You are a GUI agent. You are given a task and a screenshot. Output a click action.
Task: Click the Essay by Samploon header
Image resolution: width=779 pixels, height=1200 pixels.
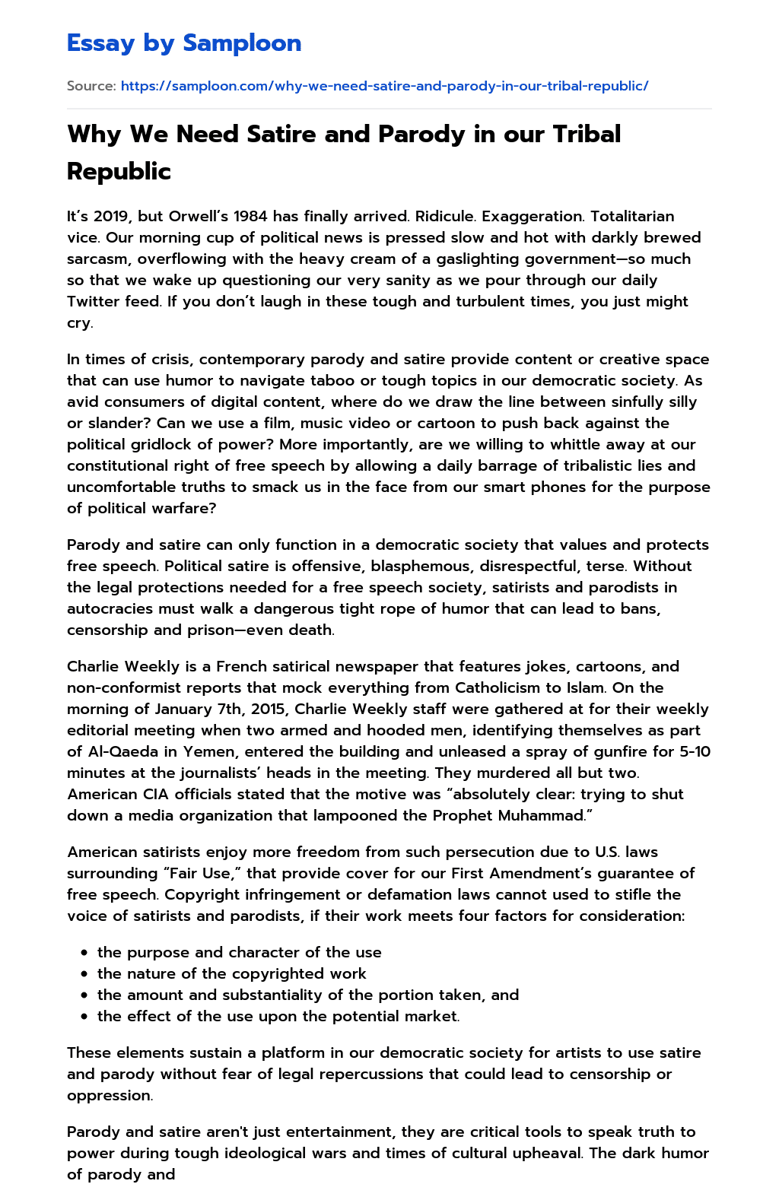click(x=184, y=43)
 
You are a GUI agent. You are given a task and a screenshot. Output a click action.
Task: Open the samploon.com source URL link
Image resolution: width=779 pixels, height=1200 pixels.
click(x=384, y=86)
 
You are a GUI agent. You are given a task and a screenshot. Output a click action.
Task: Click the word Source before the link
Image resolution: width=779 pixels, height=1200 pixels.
click(x=91, y=86)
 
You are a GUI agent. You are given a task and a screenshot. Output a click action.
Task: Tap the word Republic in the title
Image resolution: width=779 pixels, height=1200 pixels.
click(x=119, y=171)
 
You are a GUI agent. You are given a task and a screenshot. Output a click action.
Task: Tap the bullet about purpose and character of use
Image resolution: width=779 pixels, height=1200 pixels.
click(x=239, y=953)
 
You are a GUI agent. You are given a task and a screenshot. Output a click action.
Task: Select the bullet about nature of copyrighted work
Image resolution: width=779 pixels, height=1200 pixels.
click(x=231, y=974)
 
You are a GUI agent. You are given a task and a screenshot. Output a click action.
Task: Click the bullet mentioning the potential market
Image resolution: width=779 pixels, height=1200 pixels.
click(x=278, y=1017)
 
